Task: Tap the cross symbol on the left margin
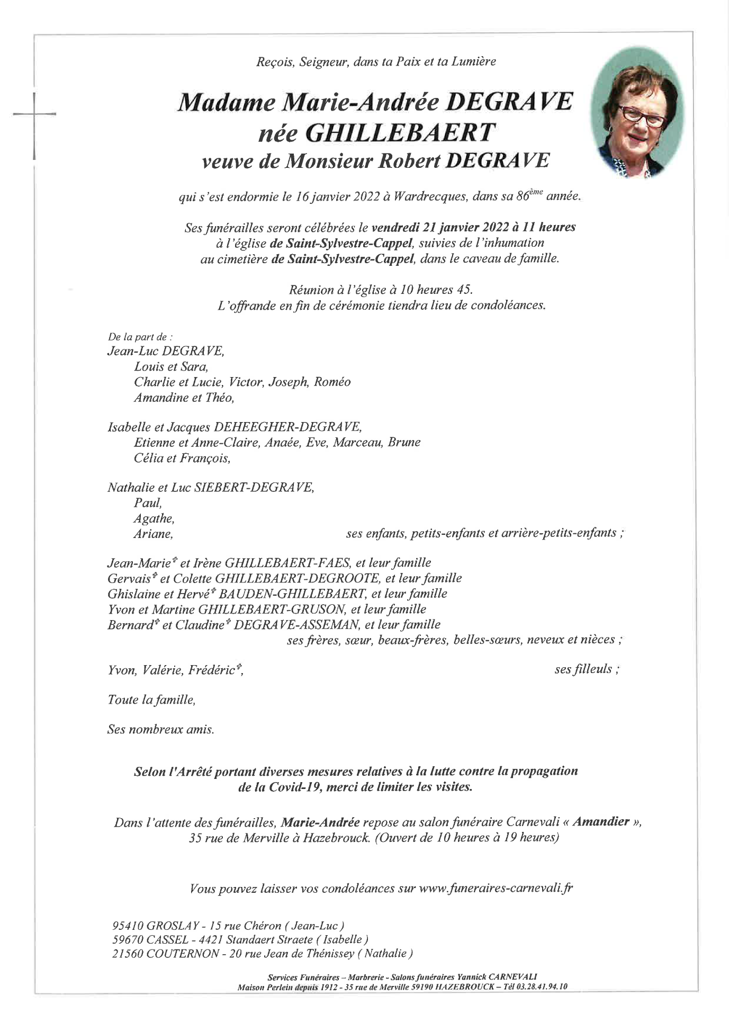click(x=34, y=114)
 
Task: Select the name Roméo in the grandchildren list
click(x=333, y=382)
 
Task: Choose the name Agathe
click(x=154, y=518)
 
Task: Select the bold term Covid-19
click(x=293, y=787)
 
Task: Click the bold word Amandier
click(x=600, y=823)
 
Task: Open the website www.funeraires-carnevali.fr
click(x=495, y=888)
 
